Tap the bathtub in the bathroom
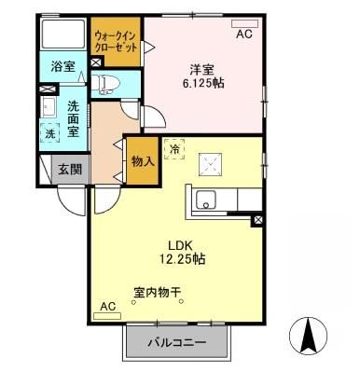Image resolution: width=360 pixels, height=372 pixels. [64, 36]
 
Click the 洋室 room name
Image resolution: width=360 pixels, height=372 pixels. [203, 67]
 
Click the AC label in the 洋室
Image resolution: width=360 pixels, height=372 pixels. [243, 34]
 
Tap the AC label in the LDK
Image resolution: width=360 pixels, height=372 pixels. [107, 305]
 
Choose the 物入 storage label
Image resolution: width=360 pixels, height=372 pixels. [143, 161]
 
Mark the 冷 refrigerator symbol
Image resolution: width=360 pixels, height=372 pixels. [174, 148]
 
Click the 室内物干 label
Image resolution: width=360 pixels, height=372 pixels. [157, 292]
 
